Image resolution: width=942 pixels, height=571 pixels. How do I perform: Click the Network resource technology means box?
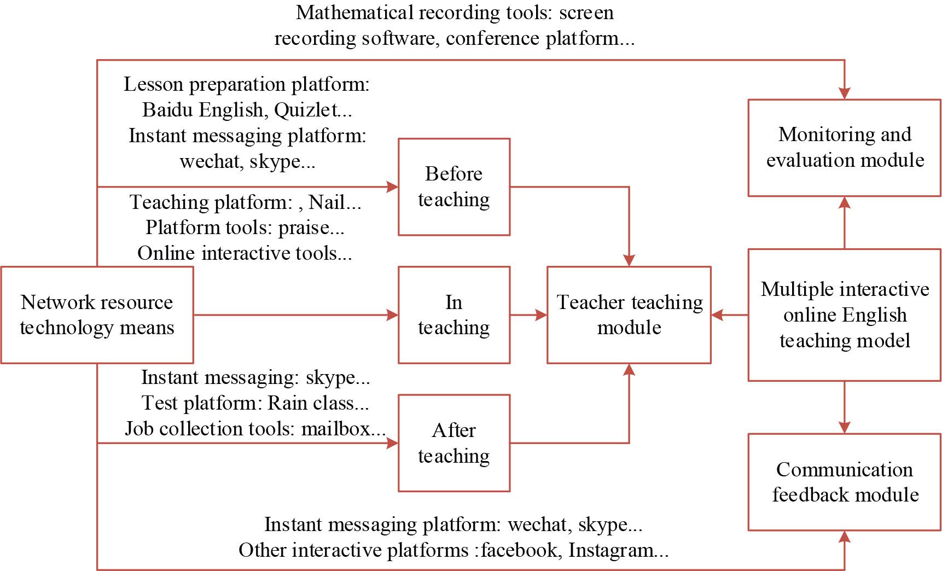click(x=97, y=314)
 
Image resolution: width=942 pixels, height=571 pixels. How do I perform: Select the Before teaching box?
click(x=454, y=187)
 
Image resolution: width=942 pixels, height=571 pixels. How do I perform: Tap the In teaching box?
click(x=454, y=314)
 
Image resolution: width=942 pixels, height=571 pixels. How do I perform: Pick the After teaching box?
click(x=454, y=443)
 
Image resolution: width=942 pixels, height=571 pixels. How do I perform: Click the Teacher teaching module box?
click(x=629, y=314)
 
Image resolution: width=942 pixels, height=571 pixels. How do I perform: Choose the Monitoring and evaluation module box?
click(x=845, y=147)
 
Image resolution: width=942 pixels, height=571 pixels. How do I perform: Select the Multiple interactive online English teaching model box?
click(x=845, y=314)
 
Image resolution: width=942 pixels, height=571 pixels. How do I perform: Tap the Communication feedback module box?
click(x=845, y=482)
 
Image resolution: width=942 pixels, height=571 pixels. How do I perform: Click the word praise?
click(x=304, y=228)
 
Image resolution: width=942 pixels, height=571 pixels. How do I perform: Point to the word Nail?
click(x=327, y=202)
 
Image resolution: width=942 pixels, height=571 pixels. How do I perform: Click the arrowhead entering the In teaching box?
click(x=392, y=314)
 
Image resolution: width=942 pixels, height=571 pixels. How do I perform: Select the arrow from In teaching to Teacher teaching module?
click(x=528, y=314)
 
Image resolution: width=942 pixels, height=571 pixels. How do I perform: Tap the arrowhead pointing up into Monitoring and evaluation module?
click(x=845, y=203)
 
